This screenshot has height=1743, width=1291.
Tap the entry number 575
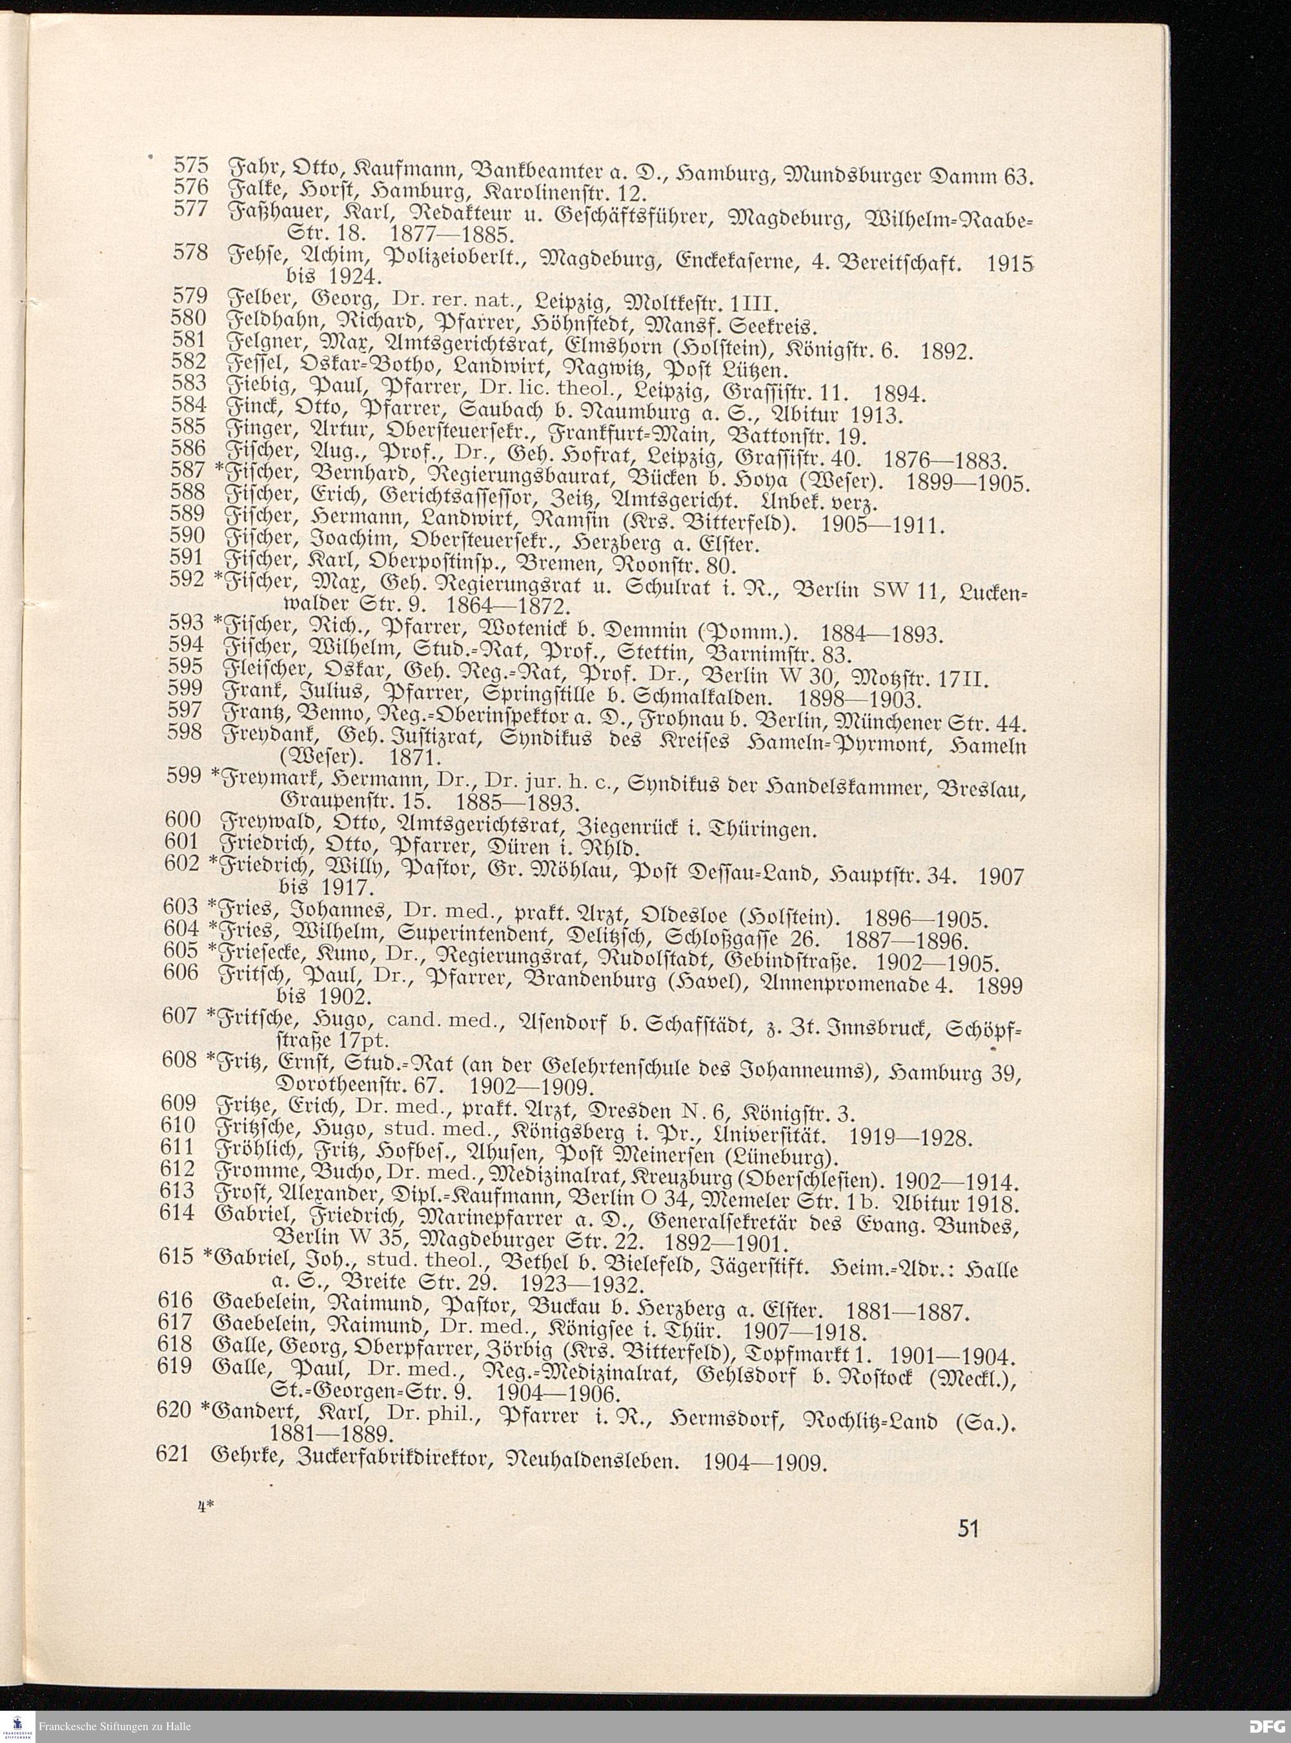tap(188, 166)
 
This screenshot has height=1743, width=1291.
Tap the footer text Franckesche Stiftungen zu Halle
tap(115, 1726)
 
